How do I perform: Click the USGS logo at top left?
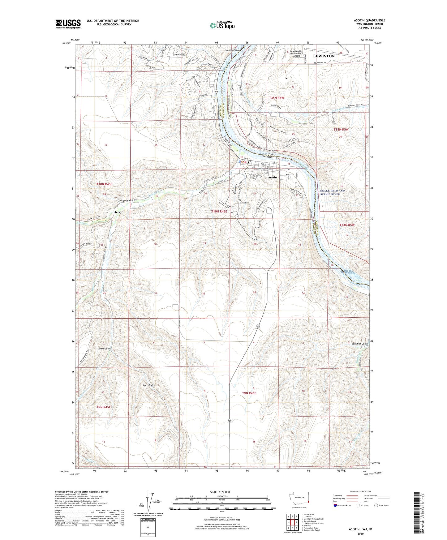pos(68,24)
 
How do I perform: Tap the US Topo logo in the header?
pos(222,25)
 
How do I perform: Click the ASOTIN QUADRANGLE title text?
pos(369,20)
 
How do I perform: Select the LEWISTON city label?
pos(324,56)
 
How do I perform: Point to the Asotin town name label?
pos(272,178)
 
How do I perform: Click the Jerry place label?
pos(118,212)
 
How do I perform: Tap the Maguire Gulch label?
pos(128,200)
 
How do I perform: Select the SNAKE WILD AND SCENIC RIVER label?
pos(332,192)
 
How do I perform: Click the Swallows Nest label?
pos(233,50)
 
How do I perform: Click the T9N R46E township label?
pos(249,393)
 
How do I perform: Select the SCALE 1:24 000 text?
pos(221,492)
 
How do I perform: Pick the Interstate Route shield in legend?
pos(336,506)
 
